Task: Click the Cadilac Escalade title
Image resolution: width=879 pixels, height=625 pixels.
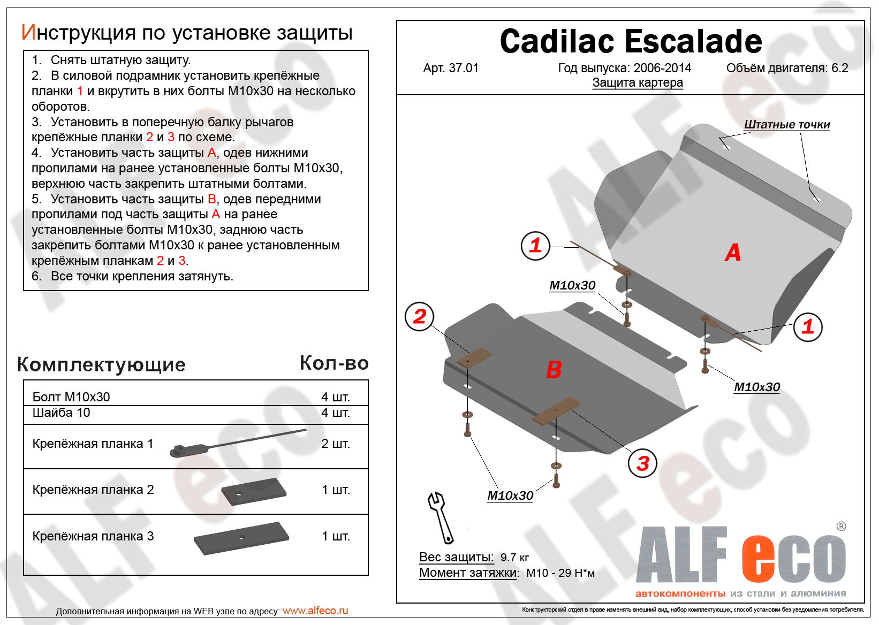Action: (631, 42)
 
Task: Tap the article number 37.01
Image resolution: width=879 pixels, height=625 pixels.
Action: (463, 68)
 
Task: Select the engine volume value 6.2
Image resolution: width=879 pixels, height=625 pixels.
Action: (840, 68)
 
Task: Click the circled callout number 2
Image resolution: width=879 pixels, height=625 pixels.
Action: (419, 317)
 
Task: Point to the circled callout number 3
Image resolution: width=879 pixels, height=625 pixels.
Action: (642, 463)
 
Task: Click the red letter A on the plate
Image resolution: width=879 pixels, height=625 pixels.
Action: (732, 253)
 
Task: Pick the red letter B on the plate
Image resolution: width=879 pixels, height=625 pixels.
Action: (554, 370)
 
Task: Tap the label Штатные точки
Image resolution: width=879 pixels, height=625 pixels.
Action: (786, 125)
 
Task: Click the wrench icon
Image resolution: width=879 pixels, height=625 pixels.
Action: (440, 517)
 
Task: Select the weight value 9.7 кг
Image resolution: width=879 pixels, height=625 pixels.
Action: (514, 558)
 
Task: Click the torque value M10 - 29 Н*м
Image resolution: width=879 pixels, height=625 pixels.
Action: (560, 573)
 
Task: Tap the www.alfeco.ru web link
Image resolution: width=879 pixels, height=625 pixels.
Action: (315, 611)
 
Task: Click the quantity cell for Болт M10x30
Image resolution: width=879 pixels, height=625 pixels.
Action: (335, 397)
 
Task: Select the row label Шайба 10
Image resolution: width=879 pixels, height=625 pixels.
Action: (61, 413)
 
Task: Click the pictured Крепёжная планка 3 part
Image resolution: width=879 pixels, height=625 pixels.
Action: (241, 538)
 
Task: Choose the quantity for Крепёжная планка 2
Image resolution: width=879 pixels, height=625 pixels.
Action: (335, 490)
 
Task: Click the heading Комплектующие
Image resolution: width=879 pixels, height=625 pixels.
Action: (101, 364)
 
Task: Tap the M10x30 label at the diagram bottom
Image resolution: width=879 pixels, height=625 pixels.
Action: (510, 496)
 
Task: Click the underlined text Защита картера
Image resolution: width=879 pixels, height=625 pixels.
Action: (637, 83)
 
